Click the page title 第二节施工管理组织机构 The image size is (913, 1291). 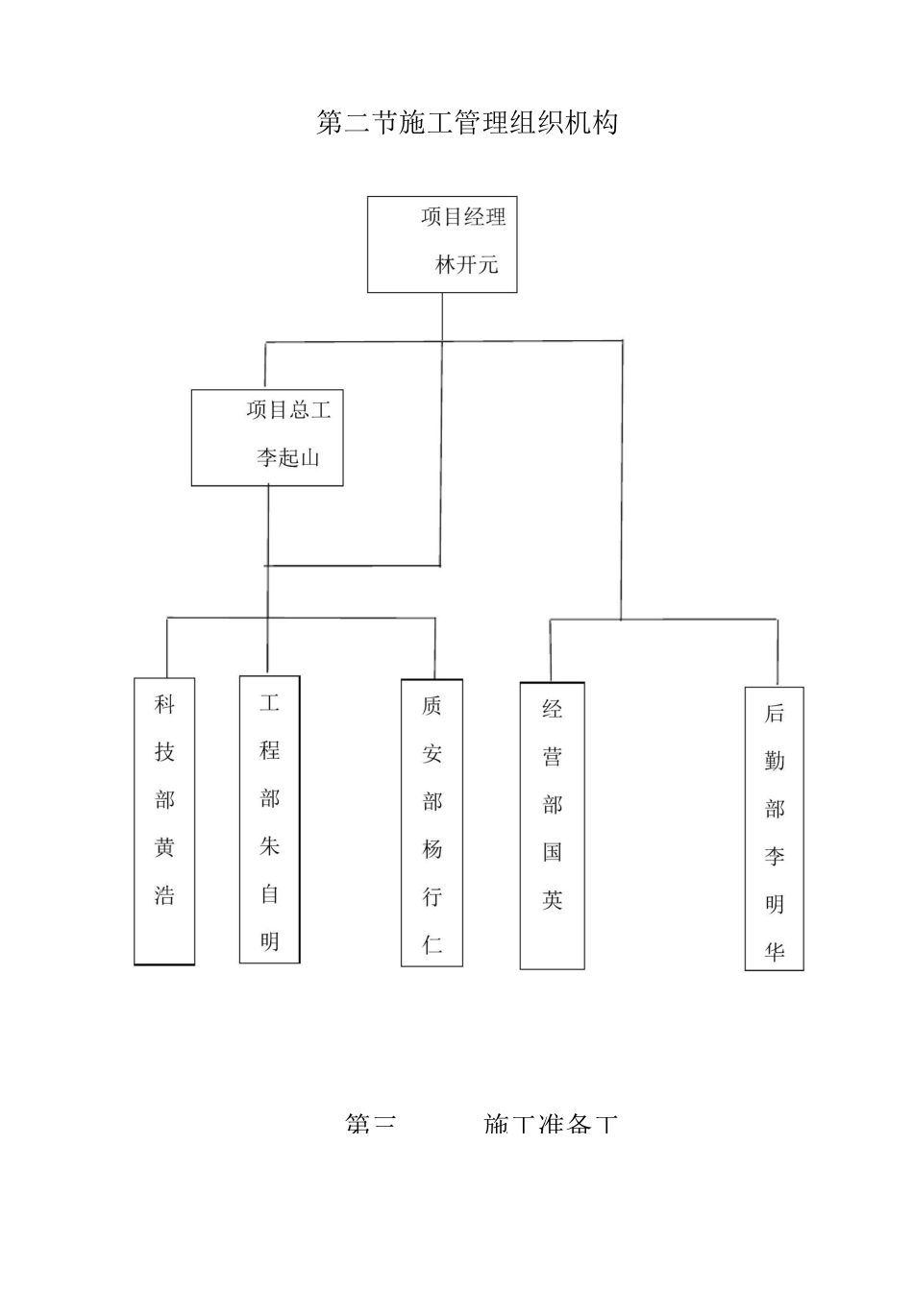click(x=467, y=123)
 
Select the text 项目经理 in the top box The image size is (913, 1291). click(x=463, y=217)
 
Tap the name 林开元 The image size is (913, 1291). click(x=467, y=265)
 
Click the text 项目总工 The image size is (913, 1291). click(x=288, y=410)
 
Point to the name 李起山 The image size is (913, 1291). click(x=288, y=457)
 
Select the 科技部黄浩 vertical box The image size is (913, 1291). click(x=164, y=821)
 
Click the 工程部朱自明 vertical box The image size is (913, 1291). click(x=269, y=819)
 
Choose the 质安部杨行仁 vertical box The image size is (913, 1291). click(x=432, y=822)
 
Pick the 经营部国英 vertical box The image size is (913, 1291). click(x=553, y=825)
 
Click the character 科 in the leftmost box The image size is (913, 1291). click(x=165, y=705)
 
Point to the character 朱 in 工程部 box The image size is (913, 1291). click(x=270, y=846)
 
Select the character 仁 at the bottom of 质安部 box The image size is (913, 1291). click(x=432, y=944)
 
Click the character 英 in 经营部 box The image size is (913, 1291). click(x=553, y=900)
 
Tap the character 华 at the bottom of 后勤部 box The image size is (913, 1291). click(x=775, y=951)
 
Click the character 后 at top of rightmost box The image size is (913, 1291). click(x=775, y=713)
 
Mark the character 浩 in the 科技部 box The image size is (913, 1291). click(x=165, y=895)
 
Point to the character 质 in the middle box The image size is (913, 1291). click(x=432, y=706)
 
